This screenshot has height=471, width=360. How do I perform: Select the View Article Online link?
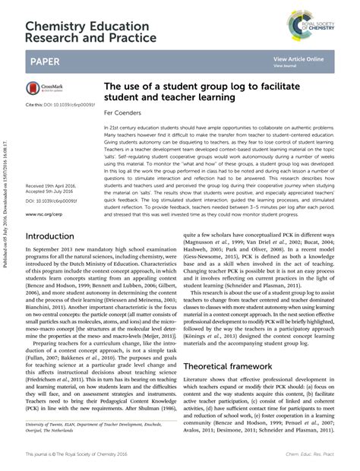tap(298, 58)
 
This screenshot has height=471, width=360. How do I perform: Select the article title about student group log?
tap(196, 92)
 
